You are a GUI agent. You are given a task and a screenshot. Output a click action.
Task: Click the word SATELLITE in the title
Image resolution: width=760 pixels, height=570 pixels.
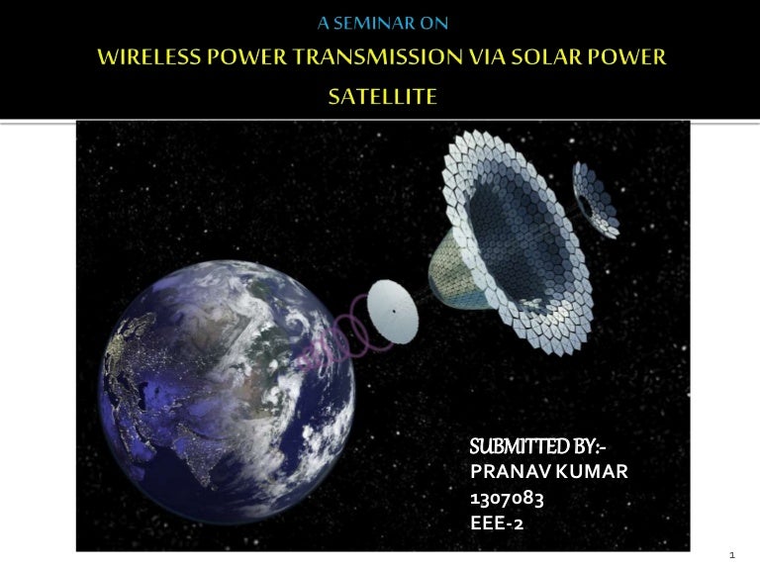pyautogui.click(x=381, y=97)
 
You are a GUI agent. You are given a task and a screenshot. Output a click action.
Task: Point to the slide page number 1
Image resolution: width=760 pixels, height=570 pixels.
pyautogui.click(x=730, y=555)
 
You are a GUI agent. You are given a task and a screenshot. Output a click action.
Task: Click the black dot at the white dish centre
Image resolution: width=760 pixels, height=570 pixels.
pyautogui.click(x=393, y=313)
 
